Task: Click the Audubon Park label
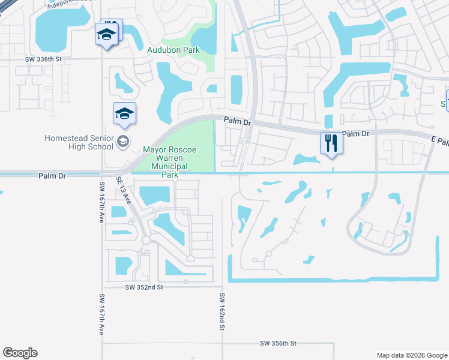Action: point(173,50)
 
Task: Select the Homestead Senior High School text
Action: point(79,142)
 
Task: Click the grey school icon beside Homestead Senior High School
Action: point(124,142)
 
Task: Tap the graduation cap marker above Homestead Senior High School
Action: point(124,114)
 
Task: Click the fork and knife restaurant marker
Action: point(331,143)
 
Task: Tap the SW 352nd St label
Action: point(144,287)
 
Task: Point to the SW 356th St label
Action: point(278,343)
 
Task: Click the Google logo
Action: point(20,353)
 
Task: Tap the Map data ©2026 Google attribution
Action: point(411,355)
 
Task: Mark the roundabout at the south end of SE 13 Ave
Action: point(146,240)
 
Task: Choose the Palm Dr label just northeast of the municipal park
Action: point(237,121)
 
